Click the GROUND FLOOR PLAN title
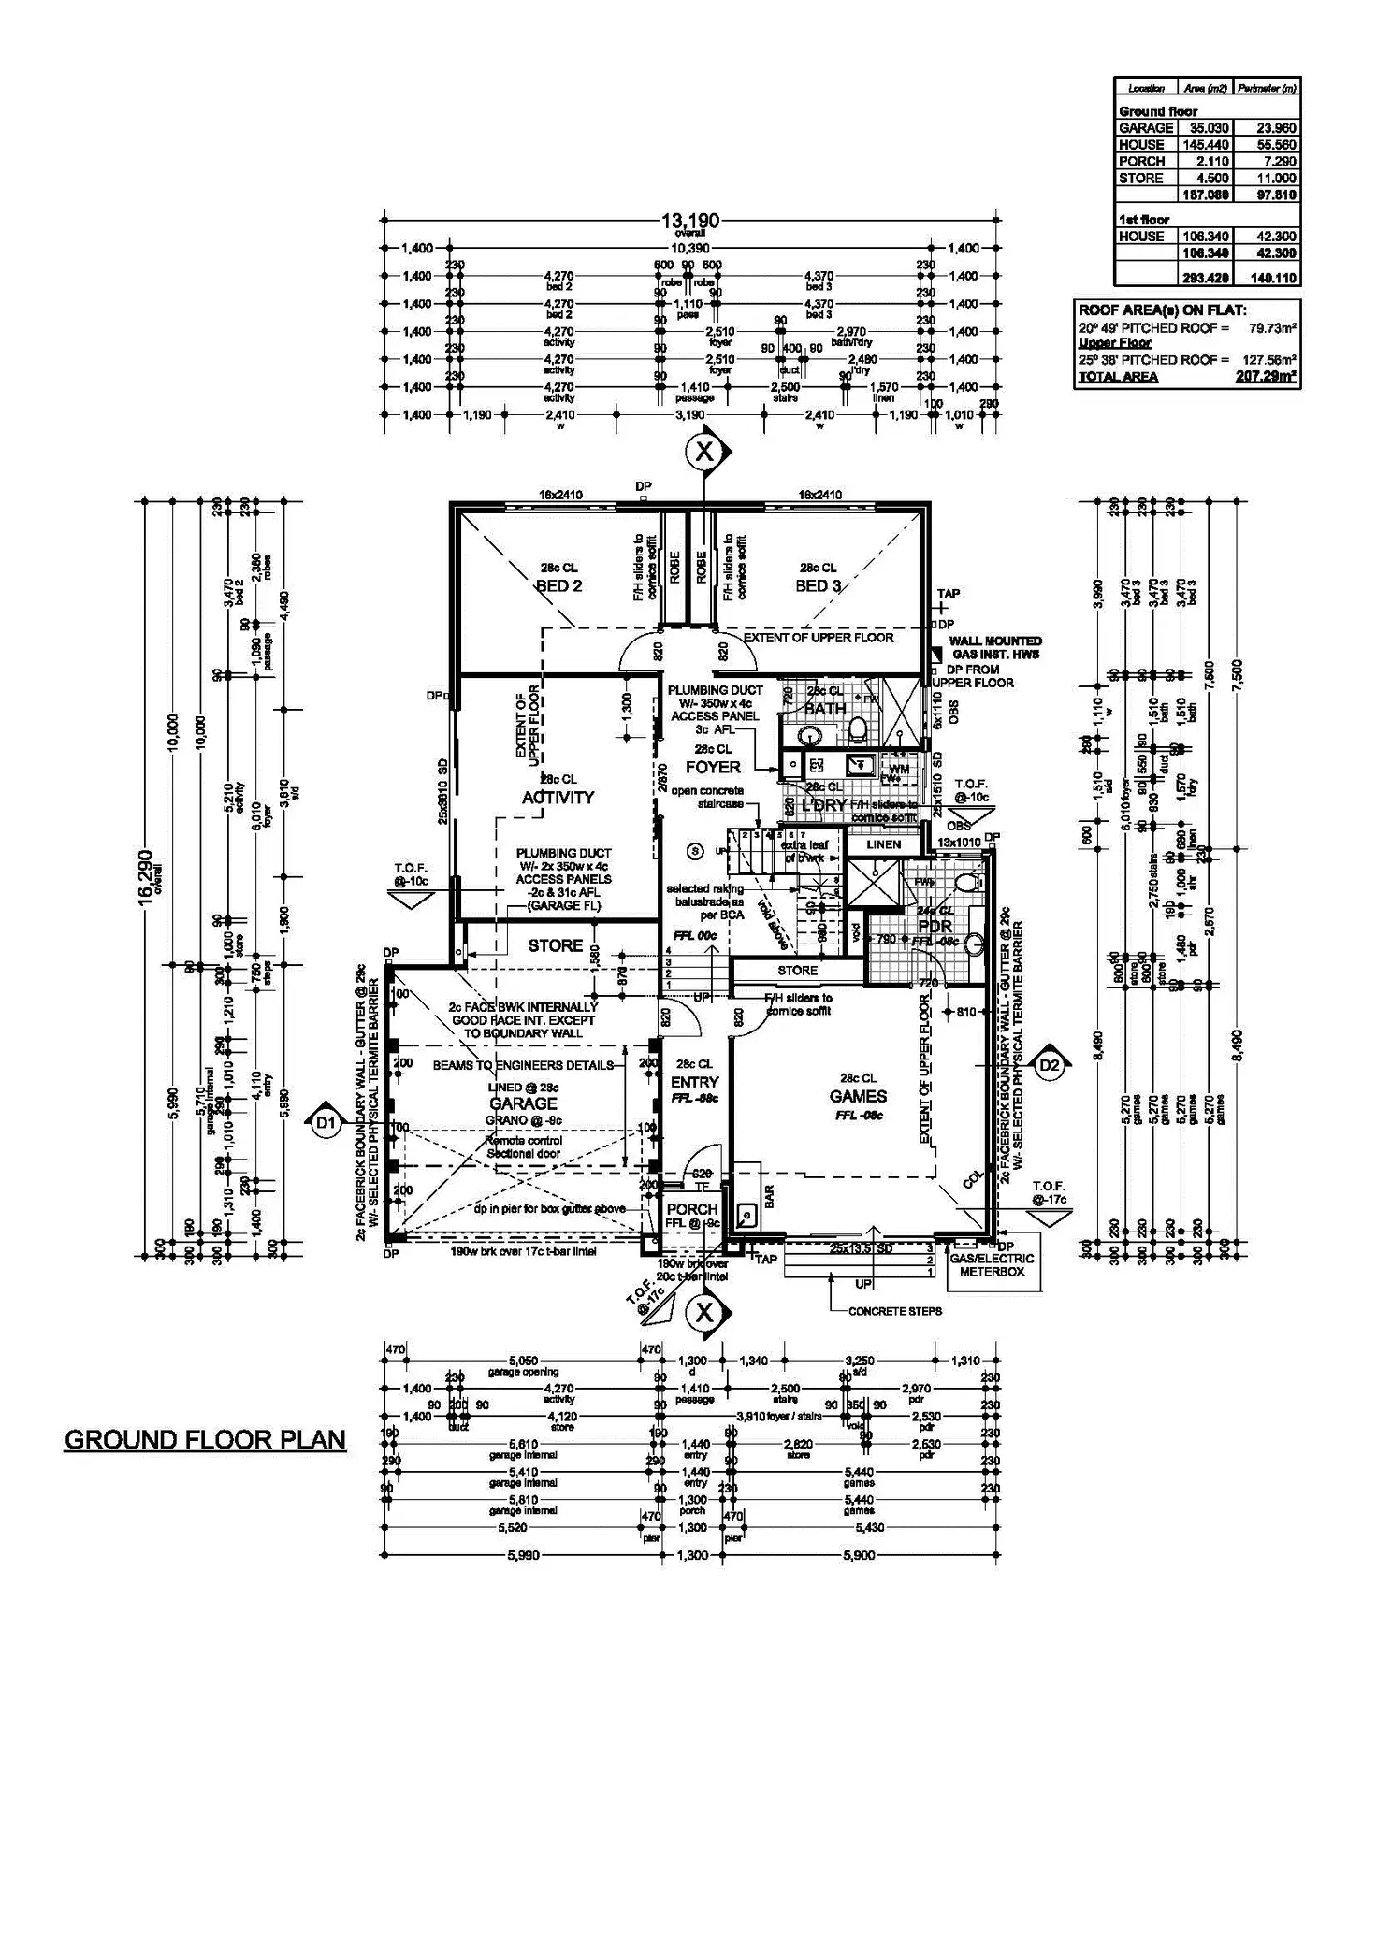[x=205, y=1439]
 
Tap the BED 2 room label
[x=559, y=586]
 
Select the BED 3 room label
[x=818, y=586]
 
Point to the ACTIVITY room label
[x=558, y=798]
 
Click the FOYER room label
[x=713, y=767]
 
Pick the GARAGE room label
[x=524, y=1104]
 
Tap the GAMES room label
[x=858, y=1096]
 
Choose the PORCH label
[x=691, y=1209]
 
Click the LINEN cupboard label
[x=883, y=844]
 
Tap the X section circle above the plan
[x=704, y=453]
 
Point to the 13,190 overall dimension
[x=690, y=221]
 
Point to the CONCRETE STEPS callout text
[x=895, y=1311]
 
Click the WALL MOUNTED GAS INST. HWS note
[x=995, y=647]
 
